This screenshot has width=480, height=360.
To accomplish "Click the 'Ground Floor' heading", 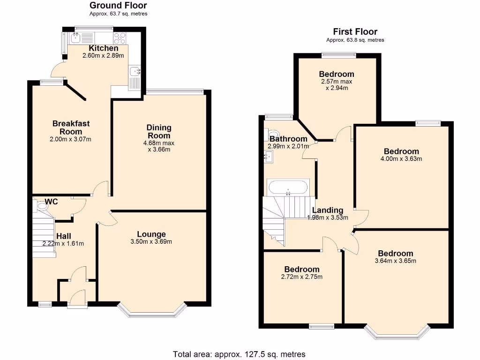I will coord(118,6).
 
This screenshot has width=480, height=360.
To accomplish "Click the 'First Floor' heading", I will coord(355,32).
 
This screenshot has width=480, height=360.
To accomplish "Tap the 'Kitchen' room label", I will coord(104,48).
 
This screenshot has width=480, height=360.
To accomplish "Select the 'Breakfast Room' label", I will coord(71,127).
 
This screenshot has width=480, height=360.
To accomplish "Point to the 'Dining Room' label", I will coord(159,131).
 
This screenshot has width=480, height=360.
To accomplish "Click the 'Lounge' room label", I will coord(151,234).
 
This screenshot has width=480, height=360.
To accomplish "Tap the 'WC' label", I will coord(52,202).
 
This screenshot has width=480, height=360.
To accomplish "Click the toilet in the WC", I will coord(37,205).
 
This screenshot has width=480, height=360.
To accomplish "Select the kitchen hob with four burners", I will coord(119,38).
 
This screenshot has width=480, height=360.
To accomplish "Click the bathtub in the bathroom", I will coord(288,188).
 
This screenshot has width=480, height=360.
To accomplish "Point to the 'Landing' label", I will coord(328,210).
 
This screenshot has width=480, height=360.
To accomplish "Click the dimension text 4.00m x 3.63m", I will coord(401,158).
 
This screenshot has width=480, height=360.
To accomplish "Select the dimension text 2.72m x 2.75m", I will coord(302,277).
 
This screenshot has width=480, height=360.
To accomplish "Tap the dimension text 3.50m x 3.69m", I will coord(151,242).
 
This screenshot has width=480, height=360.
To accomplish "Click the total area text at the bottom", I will coord(239,354).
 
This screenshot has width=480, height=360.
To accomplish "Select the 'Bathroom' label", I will coord(288,139).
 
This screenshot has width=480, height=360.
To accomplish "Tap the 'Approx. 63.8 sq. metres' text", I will coord(355,40).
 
